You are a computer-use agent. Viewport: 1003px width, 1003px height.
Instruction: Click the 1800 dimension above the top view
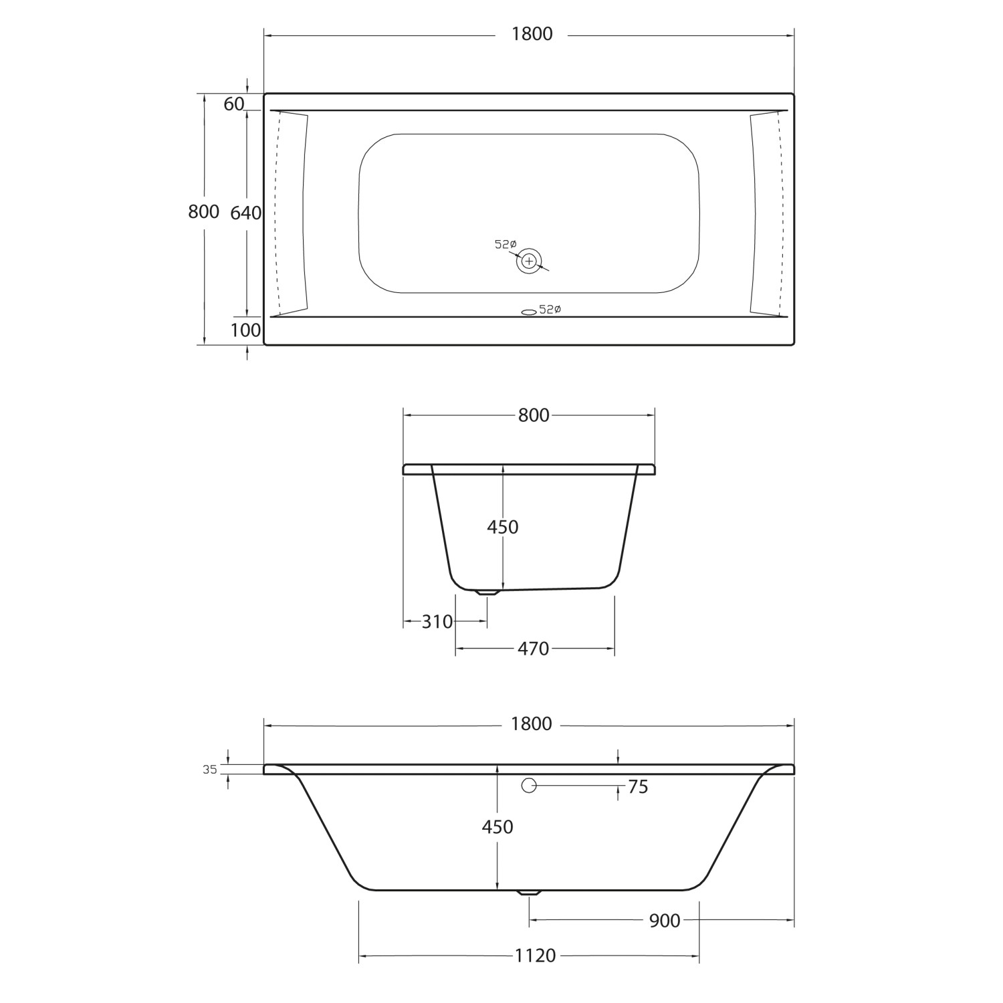532,34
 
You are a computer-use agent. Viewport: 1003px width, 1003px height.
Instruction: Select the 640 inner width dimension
245,213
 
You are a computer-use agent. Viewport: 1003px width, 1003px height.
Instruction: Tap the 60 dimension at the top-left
233,104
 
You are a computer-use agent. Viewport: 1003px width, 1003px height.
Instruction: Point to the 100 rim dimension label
245,330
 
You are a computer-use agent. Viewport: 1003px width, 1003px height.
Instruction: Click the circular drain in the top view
529,261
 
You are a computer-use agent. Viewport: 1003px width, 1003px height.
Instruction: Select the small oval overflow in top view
528,311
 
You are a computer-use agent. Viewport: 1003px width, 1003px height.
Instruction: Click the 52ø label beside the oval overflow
550,310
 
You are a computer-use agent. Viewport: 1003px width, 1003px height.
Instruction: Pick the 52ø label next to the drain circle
506,245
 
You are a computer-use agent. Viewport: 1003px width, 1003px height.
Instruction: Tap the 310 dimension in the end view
437,622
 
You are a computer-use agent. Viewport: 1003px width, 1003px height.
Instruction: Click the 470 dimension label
533,649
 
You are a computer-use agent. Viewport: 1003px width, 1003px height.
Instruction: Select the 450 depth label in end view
502,527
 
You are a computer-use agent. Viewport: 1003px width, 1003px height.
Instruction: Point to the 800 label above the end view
534,415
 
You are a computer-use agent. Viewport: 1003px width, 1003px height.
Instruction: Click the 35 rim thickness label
210,770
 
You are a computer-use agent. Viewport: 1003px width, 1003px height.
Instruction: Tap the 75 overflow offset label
638,787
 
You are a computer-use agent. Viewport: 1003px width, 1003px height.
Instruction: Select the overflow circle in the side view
529,786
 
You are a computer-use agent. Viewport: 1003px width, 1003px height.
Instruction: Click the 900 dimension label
664,921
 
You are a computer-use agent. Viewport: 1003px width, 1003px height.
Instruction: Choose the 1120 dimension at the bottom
535,956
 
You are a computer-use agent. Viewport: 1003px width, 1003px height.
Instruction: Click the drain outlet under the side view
530,893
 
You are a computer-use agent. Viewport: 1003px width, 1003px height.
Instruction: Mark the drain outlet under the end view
487,592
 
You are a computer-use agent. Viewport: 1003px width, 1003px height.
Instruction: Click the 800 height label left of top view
203,211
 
